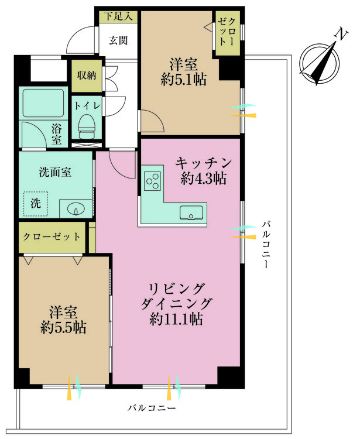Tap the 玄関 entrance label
(x=118, y=40)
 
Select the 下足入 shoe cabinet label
(x=118, y=16)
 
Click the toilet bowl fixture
(x=87, y=128)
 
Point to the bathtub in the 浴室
(x=43, y=103)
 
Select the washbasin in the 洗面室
(x=76, y=209)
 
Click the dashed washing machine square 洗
(x=36, y=204)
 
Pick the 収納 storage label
(x=87, y=75)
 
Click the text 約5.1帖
(x=184, y=80)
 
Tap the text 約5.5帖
(x=63, y=327)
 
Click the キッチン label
(x=204, y=163)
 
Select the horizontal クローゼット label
(x=52, y=237)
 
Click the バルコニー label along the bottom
(x=152, y=408)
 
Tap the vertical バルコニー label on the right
(x=266, y=245)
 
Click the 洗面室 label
(x=55, y=172)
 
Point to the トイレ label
(x=87, y=106)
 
